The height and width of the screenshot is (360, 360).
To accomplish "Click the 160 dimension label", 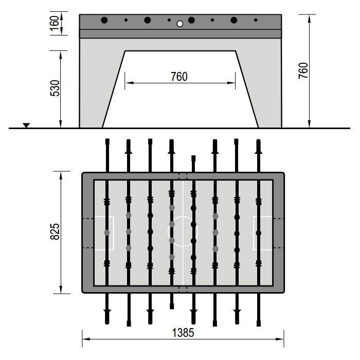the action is [55, 23].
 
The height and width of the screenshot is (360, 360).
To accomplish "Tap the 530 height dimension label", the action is [55, 88].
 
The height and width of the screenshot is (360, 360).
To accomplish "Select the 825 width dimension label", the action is [55, 231].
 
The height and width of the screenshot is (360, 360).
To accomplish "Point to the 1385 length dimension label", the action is [183, 333].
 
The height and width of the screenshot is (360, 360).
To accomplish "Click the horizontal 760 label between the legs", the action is [179, 77].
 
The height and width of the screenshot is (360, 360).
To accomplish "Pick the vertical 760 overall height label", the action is [303, 70].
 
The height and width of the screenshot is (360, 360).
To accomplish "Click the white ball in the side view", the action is [180, 24].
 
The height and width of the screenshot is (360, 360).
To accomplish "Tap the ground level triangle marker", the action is [26, 125].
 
